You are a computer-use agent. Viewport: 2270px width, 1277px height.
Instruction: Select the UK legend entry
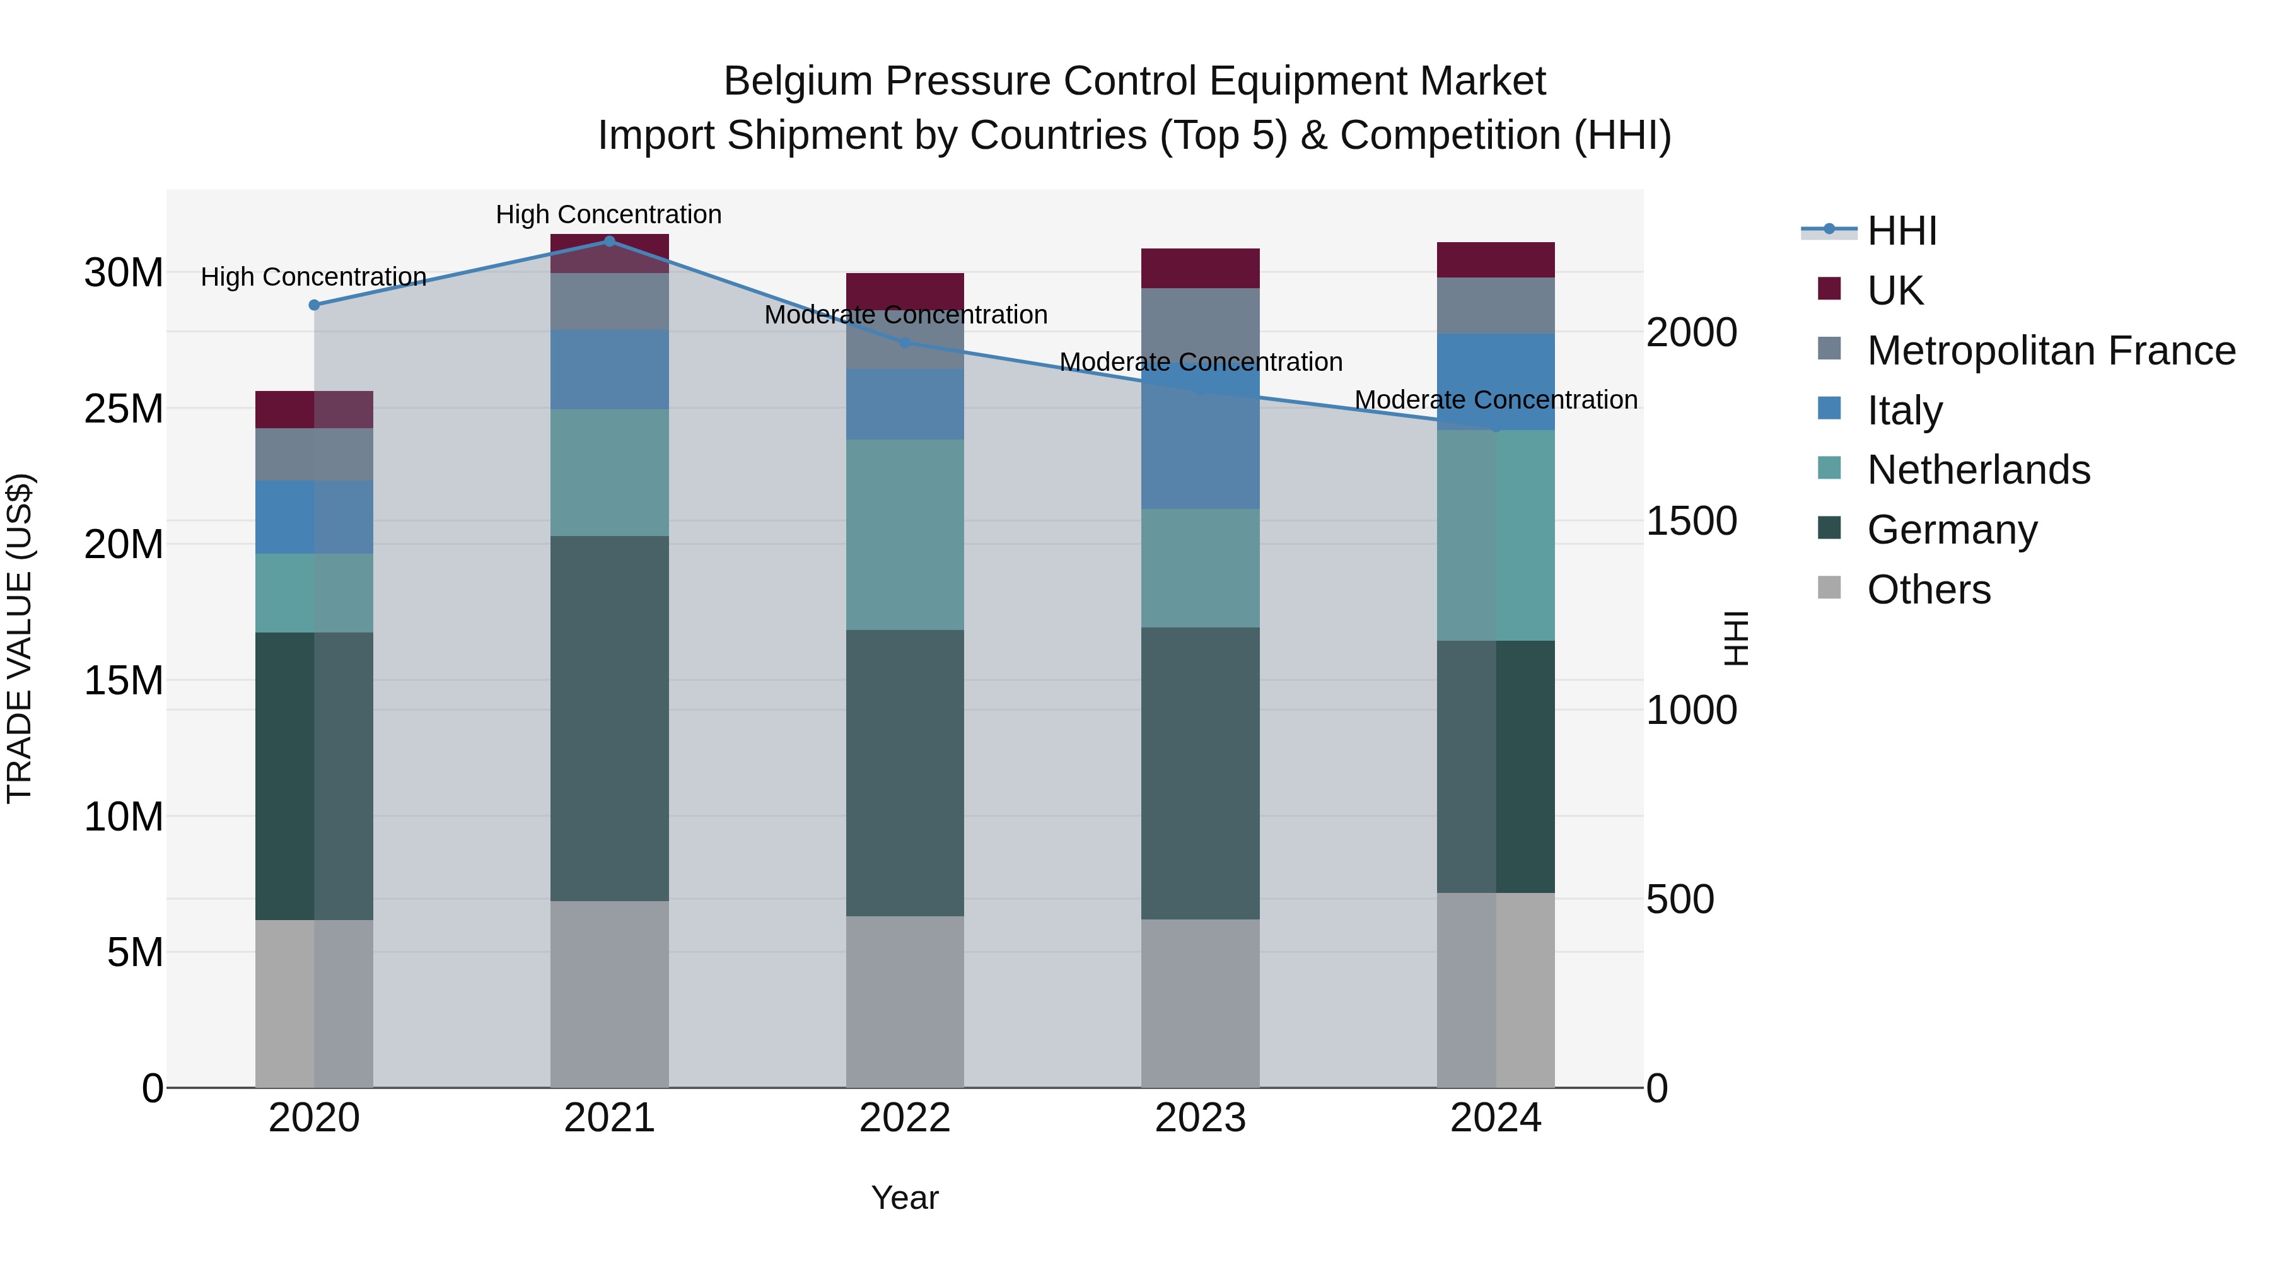pos(1895,291)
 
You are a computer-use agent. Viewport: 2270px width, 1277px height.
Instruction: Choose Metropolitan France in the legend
pos(2051,351)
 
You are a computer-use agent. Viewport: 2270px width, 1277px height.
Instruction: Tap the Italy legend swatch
pos(1829,409)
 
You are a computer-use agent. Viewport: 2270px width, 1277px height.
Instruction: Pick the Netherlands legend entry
pos(1977,470)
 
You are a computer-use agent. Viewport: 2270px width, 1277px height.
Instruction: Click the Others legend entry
pos(1928,590)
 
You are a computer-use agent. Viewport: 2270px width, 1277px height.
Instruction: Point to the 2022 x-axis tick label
pos(904,1118)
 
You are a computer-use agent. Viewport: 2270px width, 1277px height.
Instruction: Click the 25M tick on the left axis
pos(124,409)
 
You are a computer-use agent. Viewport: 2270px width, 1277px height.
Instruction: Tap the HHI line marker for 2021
pos(609,241)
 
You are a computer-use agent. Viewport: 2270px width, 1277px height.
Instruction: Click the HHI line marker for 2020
pos(315,305)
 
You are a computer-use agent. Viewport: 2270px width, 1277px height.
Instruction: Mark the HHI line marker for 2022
pos(905,343)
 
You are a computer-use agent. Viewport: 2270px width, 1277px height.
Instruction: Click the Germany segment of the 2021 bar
pos(609,718)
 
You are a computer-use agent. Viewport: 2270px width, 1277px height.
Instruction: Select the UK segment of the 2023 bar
pos(1200,268)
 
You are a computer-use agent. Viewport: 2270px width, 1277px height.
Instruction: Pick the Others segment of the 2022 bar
pos(905,1001)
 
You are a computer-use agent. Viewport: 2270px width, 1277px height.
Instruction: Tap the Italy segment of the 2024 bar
pos(1496,382)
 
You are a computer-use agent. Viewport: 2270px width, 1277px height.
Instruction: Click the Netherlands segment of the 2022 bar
pos(905,534)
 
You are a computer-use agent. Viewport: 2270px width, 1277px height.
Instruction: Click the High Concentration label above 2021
pos(609,214)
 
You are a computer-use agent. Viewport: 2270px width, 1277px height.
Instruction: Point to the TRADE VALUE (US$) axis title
pos(20,638)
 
